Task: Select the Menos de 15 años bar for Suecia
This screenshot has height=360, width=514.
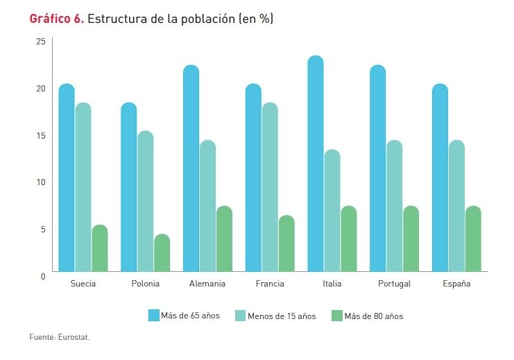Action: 83,187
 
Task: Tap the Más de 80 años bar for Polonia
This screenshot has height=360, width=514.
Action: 162,252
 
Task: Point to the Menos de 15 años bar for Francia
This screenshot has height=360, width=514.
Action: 270,187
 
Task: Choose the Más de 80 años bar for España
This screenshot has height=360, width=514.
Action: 473,239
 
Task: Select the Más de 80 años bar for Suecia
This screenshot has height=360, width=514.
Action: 100,248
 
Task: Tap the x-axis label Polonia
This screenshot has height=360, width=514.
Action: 145,284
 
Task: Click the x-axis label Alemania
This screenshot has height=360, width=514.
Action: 207,284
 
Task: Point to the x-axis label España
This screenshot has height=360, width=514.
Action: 456,284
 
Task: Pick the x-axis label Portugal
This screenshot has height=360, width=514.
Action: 395,284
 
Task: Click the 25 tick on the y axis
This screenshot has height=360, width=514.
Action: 40,42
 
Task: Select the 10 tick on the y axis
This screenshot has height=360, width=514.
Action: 40,182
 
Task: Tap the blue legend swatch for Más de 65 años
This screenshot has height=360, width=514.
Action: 154,316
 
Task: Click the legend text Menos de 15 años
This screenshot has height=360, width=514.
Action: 282,316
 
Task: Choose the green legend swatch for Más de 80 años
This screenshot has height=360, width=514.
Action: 337,316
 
